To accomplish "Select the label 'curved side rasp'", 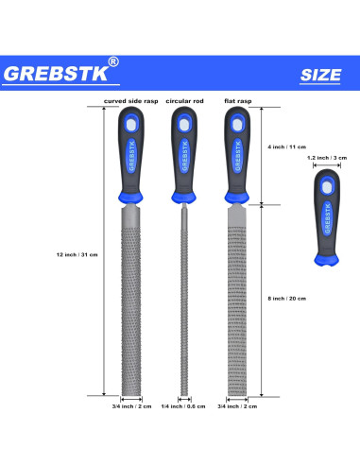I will (x=130, y=99).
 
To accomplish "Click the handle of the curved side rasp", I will (x=131, y=151).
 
